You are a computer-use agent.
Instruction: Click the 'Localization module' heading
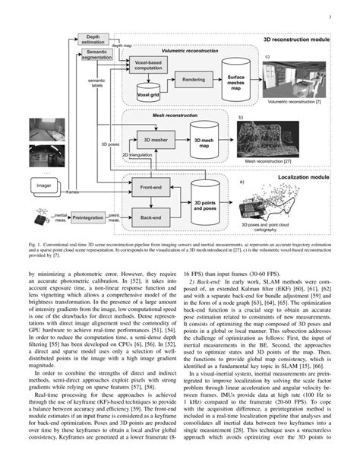coord(302,176)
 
